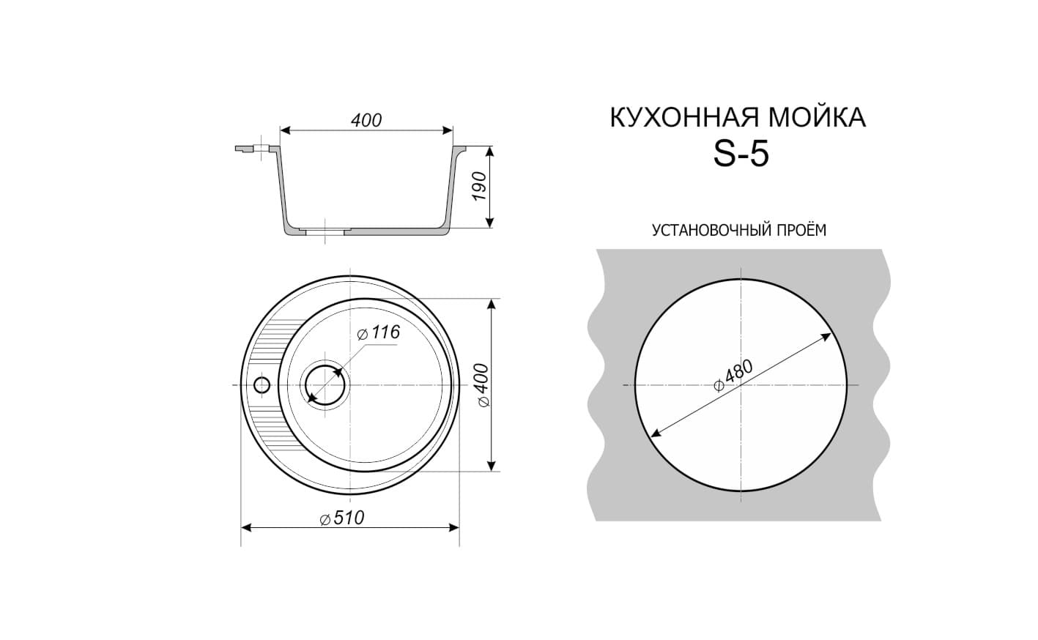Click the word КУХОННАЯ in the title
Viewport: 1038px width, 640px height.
coord(686,118)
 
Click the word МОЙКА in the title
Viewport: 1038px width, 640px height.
coord(818,118)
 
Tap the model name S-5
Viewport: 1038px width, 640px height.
coord(741,155)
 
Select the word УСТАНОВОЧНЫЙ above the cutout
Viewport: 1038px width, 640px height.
coord(708,230)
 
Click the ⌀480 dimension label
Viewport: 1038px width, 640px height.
coord(733,375)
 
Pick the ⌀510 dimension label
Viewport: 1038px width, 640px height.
coord(342,518)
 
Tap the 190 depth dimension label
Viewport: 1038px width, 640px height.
coord(480,186)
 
